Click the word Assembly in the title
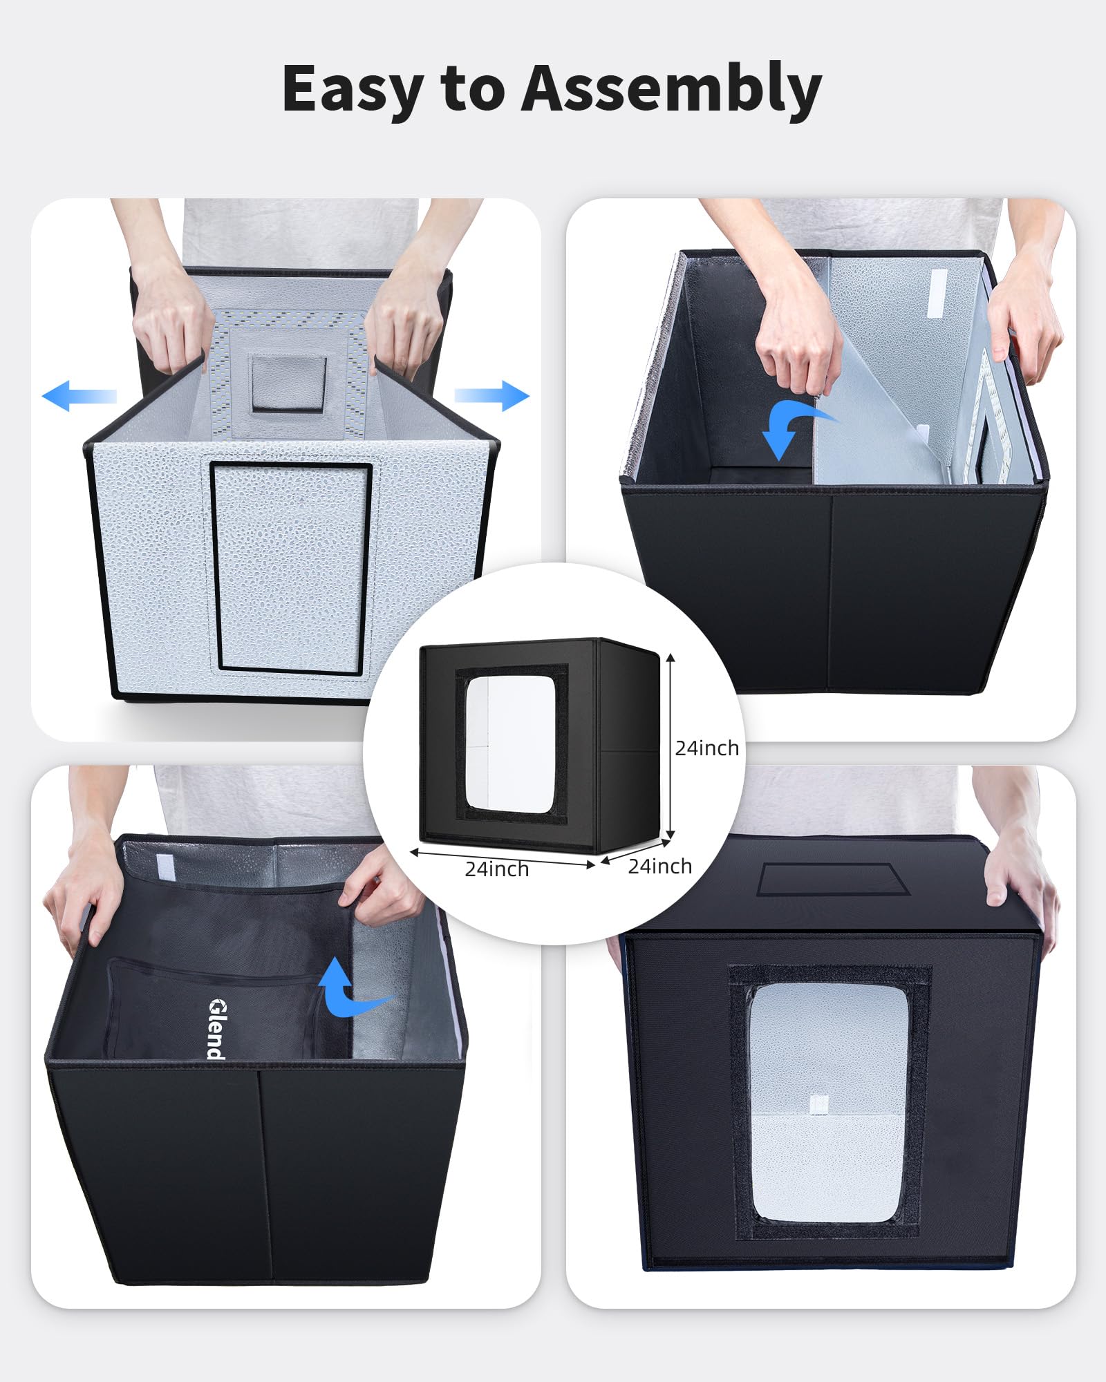pyautogui.click(x=671, y=88)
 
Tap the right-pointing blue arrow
pyautogui.click(x=492, y=395)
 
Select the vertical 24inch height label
pyautogui.click(x=706, y=748)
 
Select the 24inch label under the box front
pyautogui.click(x=496, y=869)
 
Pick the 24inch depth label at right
pyautogui.click(x=659, y=867)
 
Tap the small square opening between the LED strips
pyautogui.click(x=288, y=384)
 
